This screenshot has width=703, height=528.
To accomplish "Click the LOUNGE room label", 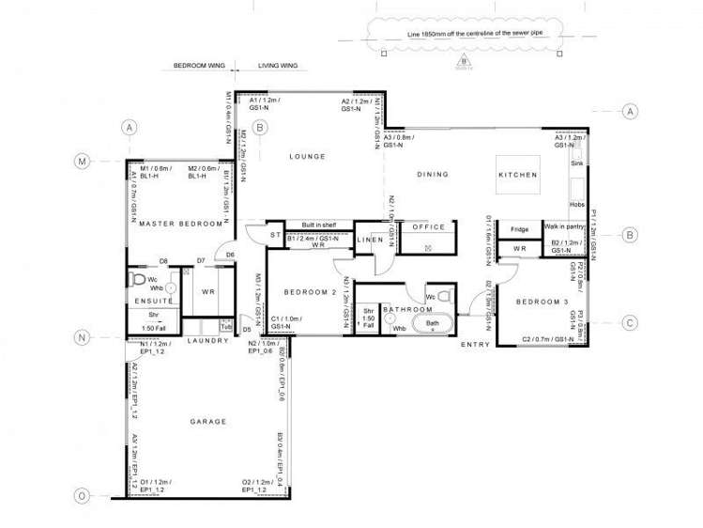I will (x=307, y=156).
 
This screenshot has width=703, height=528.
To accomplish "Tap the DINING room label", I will (x=433, y=174).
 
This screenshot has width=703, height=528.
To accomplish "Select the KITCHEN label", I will (x=518, y=175).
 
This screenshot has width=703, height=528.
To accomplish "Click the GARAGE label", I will (x=208, y=422).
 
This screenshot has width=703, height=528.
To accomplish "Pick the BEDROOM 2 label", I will (x=310, y=292).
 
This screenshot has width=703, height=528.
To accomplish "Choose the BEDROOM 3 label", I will (x=542, y=301).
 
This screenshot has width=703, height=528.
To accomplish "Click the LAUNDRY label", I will (x=207, y=340).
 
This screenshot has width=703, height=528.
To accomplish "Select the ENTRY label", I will (x=475, y=346).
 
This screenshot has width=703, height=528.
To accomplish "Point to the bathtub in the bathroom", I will (x=433, y=324).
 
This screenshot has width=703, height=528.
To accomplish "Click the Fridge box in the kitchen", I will (x=520, y=229).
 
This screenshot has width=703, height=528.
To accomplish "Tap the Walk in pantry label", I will (x=565, y=226).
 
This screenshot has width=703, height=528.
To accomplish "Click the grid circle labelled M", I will (x=82, y=162).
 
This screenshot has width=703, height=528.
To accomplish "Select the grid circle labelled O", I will (x=82, y=495).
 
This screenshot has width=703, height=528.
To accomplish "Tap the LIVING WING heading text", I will (x=278, y=68).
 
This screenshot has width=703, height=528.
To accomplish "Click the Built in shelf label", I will (x=319, y=225).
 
